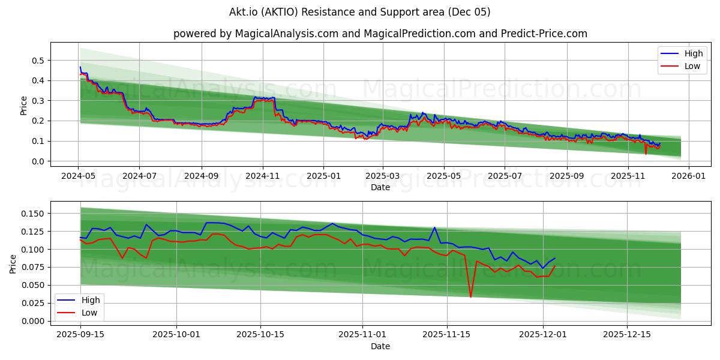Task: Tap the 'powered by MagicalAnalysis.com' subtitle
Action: click(x=380, y=34)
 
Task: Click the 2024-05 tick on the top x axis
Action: click(x=79, y=176)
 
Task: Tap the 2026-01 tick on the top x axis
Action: click(x=688, y=176)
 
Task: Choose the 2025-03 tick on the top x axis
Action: click(x=383, y=176)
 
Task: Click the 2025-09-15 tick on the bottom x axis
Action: click(x=80, y=334)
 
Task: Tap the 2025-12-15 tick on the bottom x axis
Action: click(x=626, y=334)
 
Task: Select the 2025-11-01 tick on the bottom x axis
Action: click(x=362, y=334)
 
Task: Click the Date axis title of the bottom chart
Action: click(x=380, y=346)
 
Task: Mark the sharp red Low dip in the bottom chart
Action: click(x=470, y=296)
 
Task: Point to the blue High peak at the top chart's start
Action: click(x=80, y=67)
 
